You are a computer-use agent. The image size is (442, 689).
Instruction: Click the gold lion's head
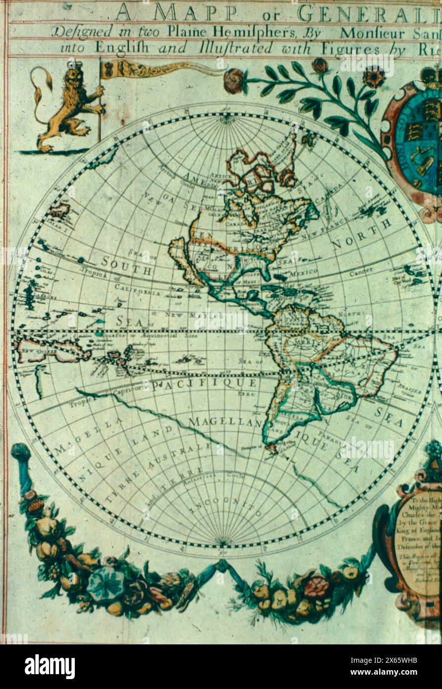tap(74, 77)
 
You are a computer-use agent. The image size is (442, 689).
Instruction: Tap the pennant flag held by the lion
tap(149, 70)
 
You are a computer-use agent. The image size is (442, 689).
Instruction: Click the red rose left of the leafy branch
tap(233, 81)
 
